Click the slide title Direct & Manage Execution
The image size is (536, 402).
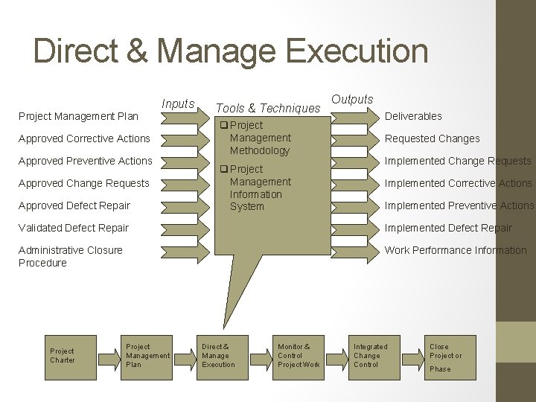[x=231, y=51]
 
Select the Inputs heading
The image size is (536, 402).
[x=178, y=104]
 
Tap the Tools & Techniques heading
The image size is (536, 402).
[x=268, y=109]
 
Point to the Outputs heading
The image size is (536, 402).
[x=352, y=99]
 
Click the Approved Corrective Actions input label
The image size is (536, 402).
[x=84, y=138]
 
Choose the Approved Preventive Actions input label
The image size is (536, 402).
[x=85, y=161]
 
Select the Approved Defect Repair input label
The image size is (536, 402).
[x=74, y=205]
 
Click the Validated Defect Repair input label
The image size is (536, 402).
[x=74, y=228]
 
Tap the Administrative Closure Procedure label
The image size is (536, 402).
[x=71, y=256]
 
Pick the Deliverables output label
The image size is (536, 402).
[x=413, y=116]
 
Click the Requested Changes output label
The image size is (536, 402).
[x=432, y=138]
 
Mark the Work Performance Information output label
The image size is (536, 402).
[x=455, y=250]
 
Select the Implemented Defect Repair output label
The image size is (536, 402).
[x=448, y=228]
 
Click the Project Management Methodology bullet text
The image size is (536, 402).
[x=260, y=138]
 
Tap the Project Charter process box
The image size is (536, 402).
[x=63, y=356]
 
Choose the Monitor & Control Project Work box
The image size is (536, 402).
[x=299, y=356]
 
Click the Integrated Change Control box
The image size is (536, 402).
[x=370, y=356]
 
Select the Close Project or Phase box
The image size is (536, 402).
[x=445, y=357]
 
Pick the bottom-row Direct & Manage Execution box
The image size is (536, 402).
[x=218, y=356]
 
